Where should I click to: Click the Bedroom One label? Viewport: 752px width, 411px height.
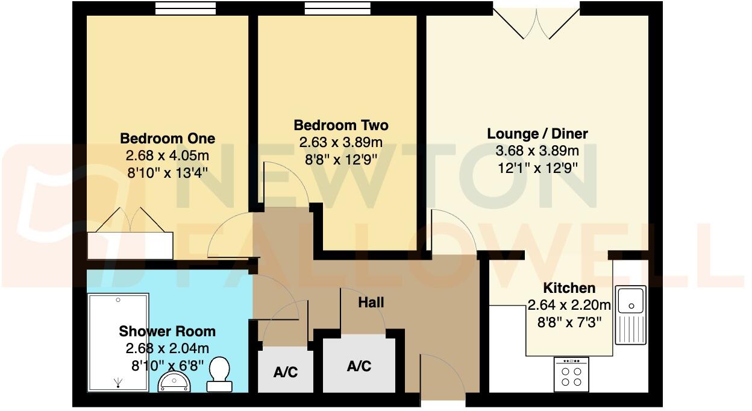[168, 138]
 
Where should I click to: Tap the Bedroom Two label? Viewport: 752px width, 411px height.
[340, 125]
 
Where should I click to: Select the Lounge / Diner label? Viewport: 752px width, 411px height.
[537, 134]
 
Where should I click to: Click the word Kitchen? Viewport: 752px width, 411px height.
[569, 288]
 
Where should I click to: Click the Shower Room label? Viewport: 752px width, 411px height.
[167, 331]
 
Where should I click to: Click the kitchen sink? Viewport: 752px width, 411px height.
[630, 313]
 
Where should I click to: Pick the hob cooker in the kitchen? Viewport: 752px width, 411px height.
[571, 374]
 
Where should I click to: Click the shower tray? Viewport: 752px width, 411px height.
[118, 341]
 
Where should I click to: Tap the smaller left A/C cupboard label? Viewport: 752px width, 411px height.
[285, 372]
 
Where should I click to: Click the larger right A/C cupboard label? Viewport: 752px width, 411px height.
[359, 366]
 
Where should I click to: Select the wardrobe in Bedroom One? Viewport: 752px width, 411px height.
[130, 245]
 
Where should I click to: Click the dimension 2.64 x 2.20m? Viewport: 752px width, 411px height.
[569, 305]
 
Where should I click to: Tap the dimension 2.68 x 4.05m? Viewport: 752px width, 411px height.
[167, 155]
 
